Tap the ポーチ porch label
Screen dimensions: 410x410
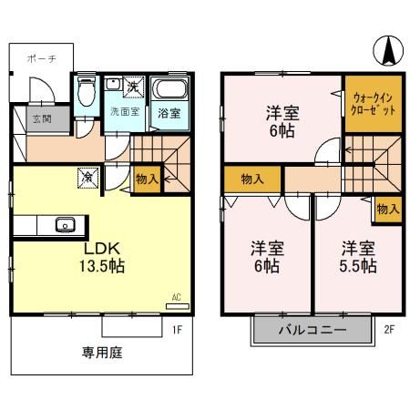tap(42, 56)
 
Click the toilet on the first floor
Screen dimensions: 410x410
tap(87, 92)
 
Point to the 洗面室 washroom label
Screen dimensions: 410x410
tap(124, 111)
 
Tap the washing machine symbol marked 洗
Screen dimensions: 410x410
tap(131, 86)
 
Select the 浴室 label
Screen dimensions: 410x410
tap(169, 114)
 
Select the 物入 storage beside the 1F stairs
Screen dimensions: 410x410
tap(146, 179)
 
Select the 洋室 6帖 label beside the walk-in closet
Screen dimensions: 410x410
tap(282, 122)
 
